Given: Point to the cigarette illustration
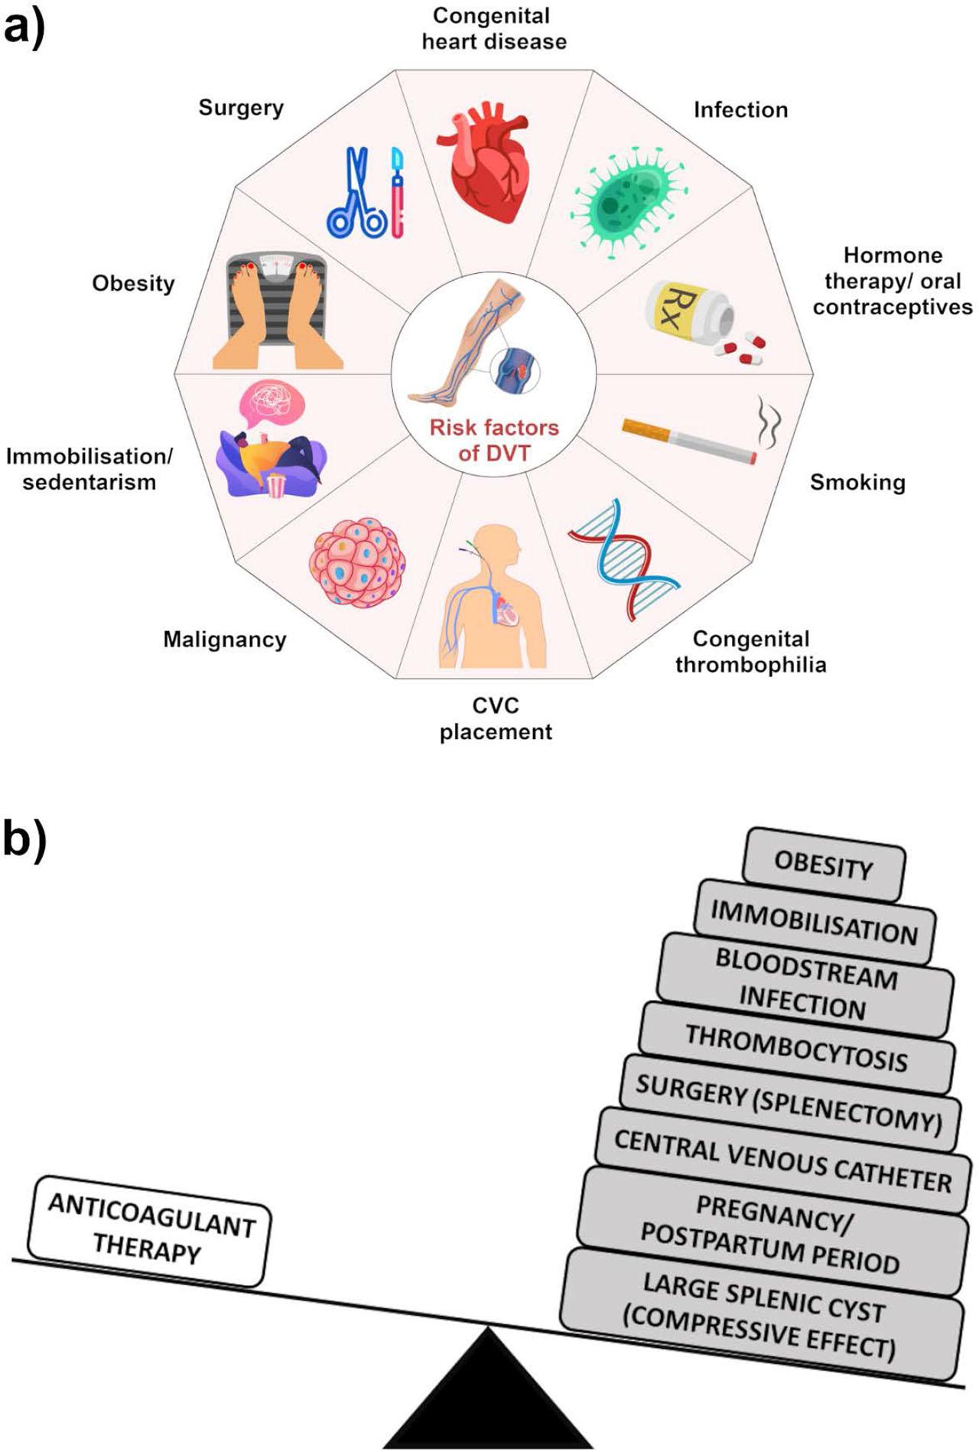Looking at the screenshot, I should pos(688,440).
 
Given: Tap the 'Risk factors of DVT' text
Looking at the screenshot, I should pos(494,440).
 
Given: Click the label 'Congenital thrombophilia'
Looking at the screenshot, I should pos(750,651).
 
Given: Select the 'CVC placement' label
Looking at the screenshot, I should pos(496,718).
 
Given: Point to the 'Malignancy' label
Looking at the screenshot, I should pos(225,640).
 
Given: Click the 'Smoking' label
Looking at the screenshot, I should pos(857,482).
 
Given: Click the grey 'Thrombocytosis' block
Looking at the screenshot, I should pos(796,1048).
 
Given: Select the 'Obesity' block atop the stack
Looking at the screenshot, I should pos(824,864).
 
